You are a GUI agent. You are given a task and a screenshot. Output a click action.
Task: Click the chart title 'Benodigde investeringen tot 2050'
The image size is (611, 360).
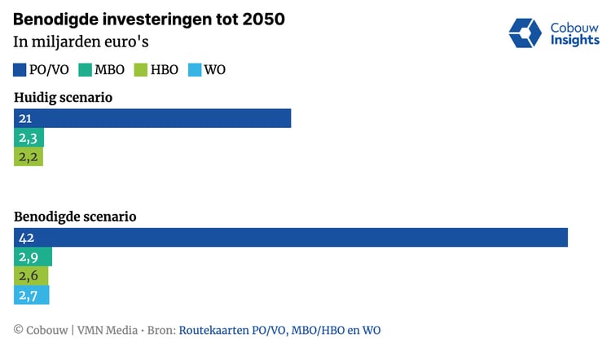pos(149,19)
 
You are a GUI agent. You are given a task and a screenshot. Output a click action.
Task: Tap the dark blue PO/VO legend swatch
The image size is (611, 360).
pos(20,70)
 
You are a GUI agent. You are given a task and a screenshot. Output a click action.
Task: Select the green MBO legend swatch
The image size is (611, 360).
pos(85,70)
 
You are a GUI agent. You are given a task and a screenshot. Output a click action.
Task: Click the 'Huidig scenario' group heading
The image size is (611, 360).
pos(63,98)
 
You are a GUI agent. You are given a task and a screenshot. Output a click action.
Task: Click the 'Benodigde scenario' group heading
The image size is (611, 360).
pos(75,217)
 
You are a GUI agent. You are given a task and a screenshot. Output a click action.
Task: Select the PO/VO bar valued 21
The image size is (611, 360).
pos(152,119)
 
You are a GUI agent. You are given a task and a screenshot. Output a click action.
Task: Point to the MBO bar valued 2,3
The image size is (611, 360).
pos(29,138)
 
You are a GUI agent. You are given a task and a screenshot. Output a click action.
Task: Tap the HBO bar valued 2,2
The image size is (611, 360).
pos(28,157)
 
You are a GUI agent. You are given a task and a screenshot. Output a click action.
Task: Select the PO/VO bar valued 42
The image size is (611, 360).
pos(291,238)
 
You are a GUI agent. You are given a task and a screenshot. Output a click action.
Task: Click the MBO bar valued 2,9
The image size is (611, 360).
pos(33,257)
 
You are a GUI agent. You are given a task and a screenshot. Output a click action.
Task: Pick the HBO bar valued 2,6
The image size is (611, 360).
pos(31,276)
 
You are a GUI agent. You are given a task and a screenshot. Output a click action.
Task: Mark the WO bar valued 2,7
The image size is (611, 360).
pos(32,295)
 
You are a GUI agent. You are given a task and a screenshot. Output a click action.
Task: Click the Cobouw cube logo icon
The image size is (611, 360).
pos(525,32)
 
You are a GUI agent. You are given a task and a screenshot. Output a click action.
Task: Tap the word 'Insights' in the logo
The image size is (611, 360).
pos(575,41)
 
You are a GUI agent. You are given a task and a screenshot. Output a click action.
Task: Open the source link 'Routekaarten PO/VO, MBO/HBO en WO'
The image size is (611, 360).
pos(279,330)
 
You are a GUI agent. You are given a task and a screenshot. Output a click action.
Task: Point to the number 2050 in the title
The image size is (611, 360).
pos(262,19)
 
